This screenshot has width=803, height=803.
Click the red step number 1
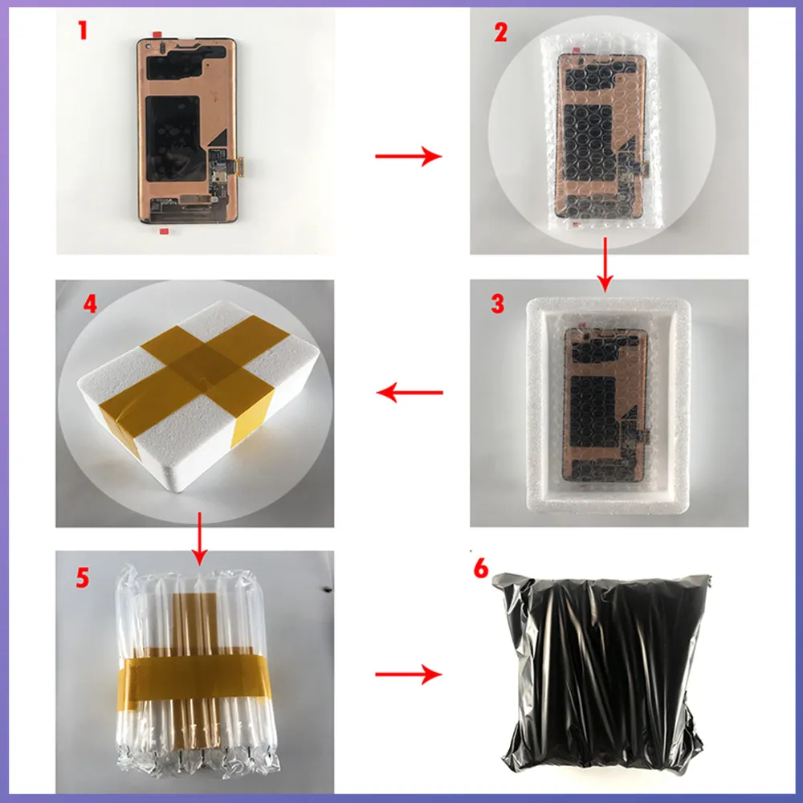(83, 31)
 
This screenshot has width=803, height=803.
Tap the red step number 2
(500, 32)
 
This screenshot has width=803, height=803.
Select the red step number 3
(497, 304)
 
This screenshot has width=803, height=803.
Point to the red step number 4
(90, 304)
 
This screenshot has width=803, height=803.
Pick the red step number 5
(83, 577)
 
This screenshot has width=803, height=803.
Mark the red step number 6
(481, 568)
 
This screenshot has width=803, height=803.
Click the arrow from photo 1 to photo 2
(408, 156)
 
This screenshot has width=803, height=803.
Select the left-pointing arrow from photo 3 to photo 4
(410, 393)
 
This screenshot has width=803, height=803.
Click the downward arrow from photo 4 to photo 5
(200, 538)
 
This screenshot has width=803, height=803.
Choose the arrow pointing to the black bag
(408, 674)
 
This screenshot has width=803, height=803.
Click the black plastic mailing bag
(600, 671)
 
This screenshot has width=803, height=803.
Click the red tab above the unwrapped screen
(157, 35)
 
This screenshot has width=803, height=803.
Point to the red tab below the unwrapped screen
(164, 231)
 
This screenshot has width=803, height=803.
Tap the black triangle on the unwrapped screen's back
(218, 138)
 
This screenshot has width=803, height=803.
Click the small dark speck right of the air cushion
(328, 589)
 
